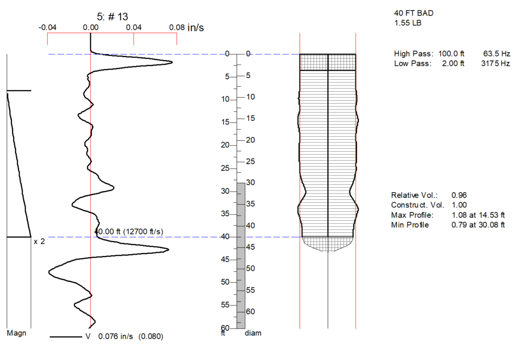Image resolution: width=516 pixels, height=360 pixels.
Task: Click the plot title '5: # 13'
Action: [x=112, y=17]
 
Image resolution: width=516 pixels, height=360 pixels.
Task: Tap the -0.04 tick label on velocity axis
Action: [x=47, y=27]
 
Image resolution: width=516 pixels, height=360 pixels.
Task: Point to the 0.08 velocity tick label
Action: [x=177, y=27]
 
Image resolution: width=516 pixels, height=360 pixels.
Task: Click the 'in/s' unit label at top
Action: [x=196, y=27]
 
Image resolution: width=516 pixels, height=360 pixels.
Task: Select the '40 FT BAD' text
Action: [x=414, y=13]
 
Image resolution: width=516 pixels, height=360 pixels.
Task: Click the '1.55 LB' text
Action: [x=408, y=23]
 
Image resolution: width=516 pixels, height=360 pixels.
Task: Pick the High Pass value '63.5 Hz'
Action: [x=496, y=53]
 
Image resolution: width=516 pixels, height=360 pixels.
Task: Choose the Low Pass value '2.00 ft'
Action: [x=453, y=64]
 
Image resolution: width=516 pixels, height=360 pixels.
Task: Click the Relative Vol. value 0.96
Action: [x=459, y=195]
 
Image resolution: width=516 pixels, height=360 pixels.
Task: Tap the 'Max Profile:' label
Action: [x=412, y=215]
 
